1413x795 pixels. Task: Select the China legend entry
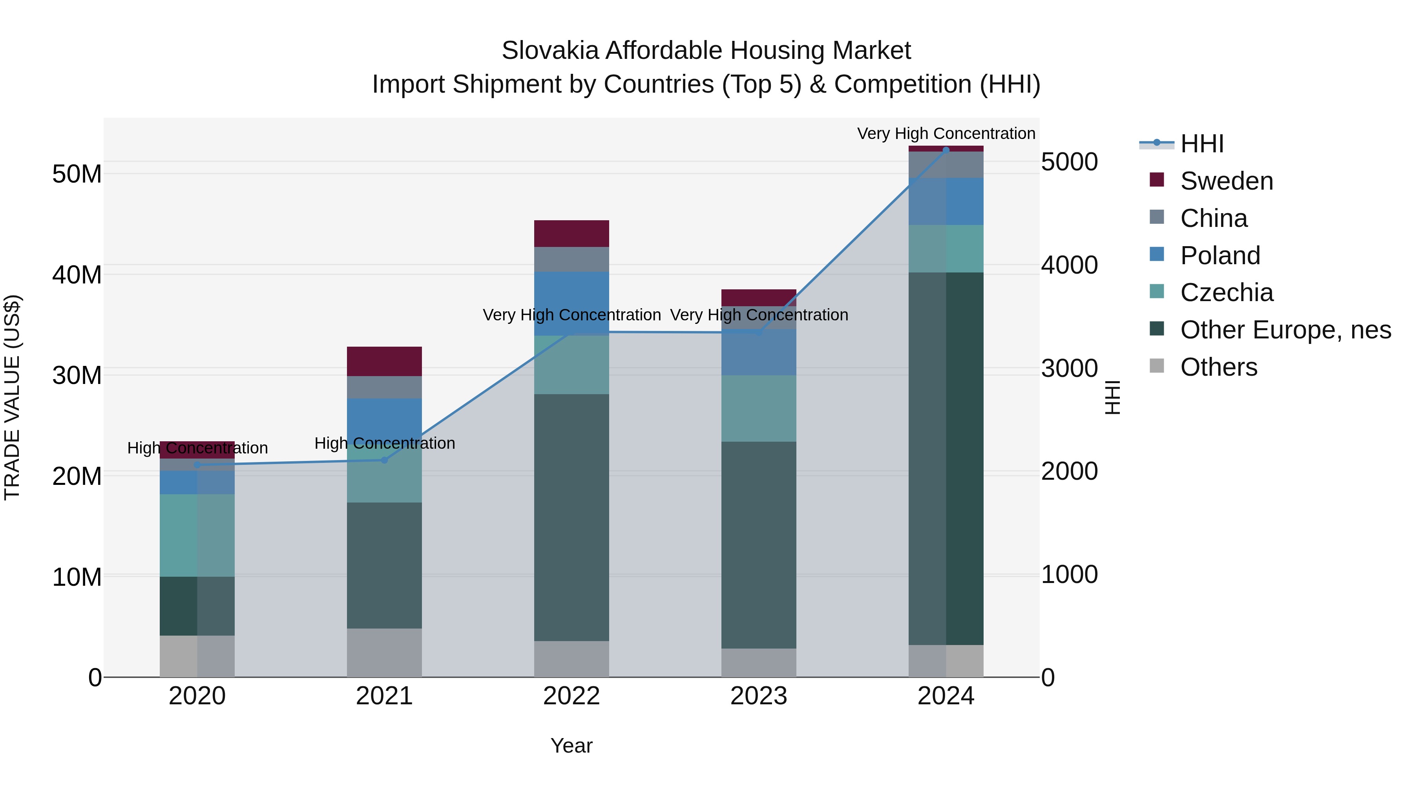tap(1213, 218)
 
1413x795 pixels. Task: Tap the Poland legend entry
tap(1220, 256)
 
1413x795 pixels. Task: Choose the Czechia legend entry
tap(1227, 292)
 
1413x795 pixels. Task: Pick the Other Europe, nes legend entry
tap(1285, 330)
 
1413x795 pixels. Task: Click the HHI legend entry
tap(1201, 144)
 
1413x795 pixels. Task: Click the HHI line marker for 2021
tap(385, 460)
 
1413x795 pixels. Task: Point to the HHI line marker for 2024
tap(946, 150)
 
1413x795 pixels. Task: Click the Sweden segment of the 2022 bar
tap(571, 234)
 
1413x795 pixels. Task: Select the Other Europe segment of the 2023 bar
tap(759, 545)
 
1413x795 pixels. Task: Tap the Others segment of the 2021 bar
tap(385, 652)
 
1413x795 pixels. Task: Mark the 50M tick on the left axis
tap(77, 174)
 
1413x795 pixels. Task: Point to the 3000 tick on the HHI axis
tap(1069, 369)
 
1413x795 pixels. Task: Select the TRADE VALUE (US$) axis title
tap(12, 397)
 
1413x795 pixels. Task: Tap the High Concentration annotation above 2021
tap(385, 443)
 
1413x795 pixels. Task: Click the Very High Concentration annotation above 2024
tap(946, 133)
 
